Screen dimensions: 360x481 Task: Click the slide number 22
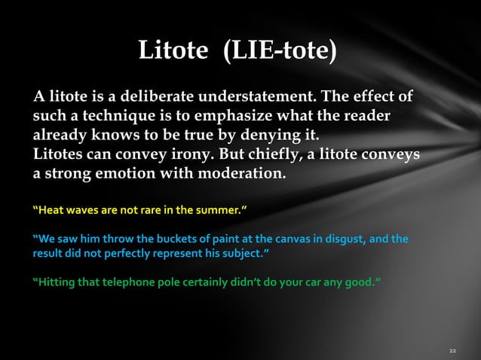click(x=452, y=351)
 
